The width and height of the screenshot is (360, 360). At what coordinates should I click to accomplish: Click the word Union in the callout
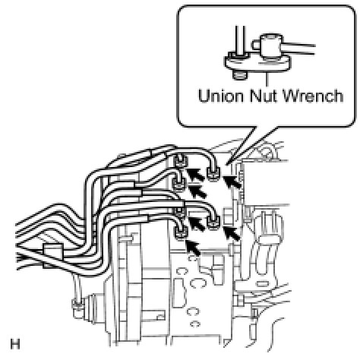coord(222,96)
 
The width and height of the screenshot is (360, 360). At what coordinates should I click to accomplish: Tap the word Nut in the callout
coord(263,96)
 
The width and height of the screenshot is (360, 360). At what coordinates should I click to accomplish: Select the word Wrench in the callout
coord(312,96)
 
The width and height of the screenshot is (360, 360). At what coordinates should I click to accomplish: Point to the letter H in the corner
coord(15,344)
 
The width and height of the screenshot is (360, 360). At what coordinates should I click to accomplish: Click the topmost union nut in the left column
coord(180,161)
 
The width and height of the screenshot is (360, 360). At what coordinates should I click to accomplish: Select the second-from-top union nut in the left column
coord(179,184)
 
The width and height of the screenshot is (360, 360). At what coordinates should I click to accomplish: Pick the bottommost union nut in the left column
coord(181,232)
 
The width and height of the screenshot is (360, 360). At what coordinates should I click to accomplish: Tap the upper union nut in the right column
coord(213,175)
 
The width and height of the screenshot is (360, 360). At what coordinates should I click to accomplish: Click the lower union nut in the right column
coord(214,223)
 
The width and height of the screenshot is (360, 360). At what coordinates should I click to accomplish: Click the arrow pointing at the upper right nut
coord(232,182)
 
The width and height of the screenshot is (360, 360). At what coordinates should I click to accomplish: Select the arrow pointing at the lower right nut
coord(232,233)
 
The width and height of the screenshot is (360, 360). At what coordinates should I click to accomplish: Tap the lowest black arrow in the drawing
coord(193,248)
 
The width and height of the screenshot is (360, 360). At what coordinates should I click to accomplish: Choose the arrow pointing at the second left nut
coord(197,191)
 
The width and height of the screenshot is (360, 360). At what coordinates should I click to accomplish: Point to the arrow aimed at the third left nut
coord(197,223)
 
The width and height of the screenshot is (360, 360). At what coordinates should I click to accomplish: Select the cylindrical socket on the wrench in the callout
coord(270,46)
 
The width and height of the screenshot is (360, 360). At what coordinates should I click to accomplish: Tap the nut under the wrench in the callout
coord(239,75)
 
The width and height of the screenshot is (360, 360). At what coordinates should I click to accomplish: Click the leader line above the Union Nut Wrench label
coord(266,79)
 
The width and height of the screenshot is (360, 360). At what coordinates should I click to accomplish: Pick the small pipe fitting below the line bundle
coord(78,307)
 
